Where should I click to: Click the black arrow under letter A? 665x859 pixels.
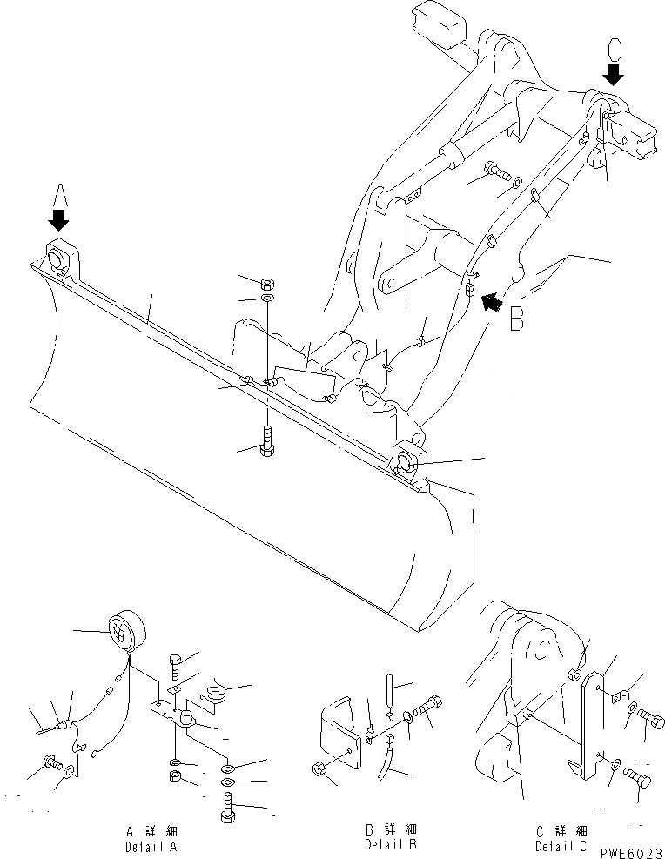point(59,217)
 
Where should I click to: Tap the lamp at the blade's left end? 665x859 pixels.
point(57,258)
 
